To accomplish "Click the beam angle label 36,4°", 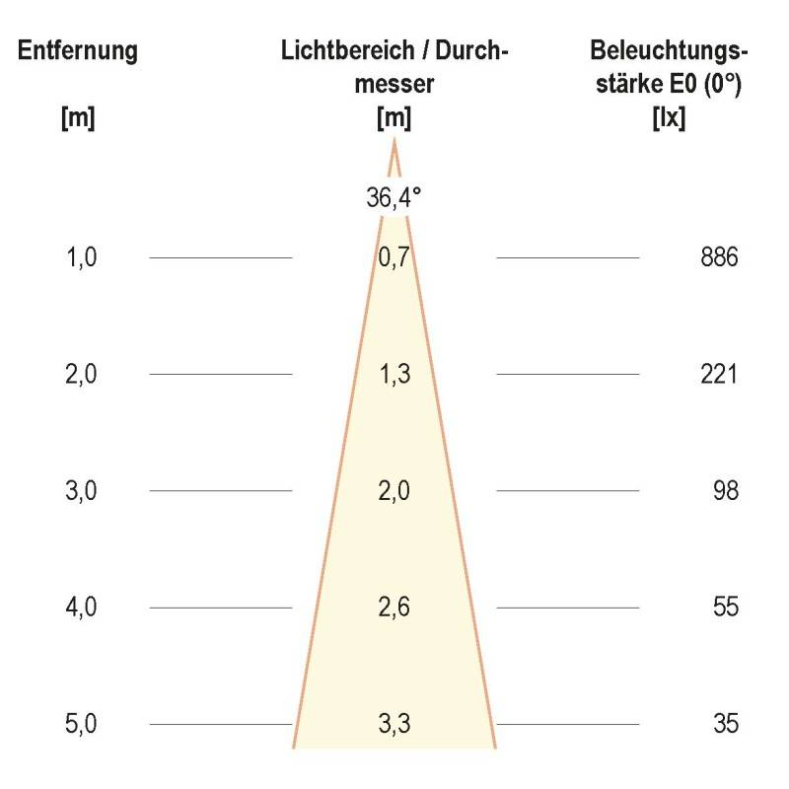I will point(394,197).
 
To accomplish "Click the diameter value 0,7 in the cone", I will point(394,258).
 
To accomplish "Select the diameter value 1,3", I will point(394,375).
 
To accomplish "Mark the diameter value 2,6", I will point(394,608).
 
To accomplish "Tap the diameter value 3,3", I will point(394,725).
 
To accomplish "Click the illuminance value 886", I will point(718,258).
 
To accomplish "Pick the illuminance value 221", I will point(718,375).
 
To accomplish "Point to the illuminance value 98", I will point(725,491).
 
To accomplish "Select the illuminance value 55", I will point(725,608).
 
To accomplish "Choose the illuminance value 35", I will point(725,725).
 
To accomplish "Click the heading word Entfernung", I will point(77,52).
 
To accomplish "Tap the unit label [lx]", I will point(670,118).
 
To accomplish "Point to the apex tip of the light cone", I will point(394,143).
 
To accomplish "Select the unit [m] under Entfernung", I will point(77,118).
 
